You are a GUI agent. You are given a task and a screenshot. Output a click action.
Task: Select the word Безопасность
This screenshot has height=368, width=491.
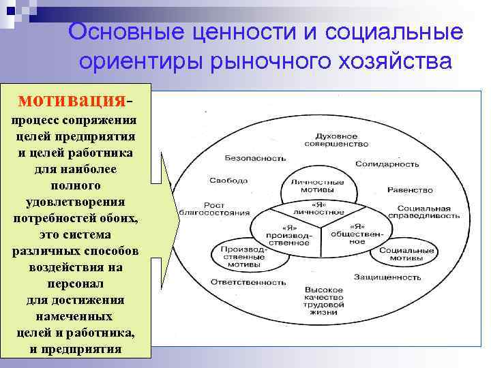(254, 157)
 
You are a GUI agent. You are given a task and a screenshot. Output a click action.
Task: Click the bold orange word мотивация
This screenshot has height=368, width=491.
(72, 100)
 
